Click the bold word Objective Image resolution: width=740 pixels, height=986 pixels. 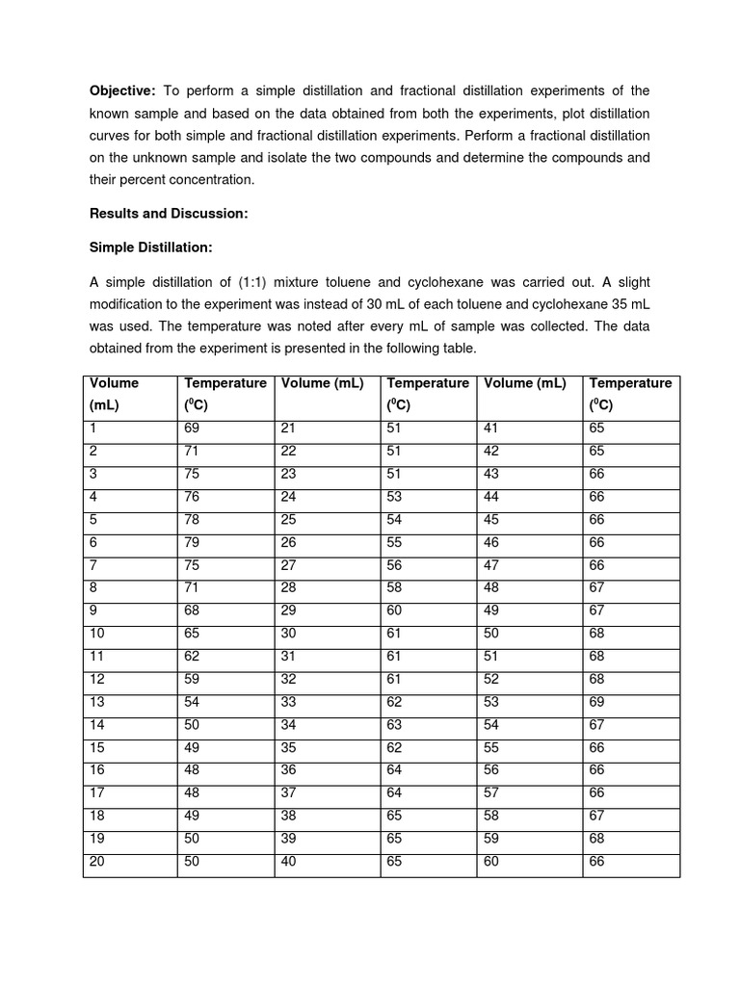(122, 91)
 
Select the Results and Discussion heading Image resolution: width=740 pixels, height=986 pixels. (169, 214)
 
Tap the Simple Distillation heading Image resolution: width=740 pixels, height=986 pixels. (150, 247)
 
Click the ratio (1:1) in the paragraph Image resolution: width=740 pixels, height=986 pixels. (288, 282)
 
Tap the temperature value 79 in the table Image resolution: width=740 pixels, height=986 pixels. (192, 542)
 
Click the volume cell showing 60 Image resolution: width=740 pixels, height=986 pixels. (491, 862)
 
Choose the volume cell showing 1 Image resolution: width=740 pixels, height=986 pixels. (93, 428)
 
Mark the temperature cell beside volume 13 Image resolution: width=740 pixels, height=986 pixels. (192, 702)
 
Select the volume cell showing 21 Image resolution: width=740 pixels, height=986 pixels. (288, 428)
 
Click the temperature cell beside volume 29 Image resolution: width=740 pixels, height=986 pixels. (394, 610)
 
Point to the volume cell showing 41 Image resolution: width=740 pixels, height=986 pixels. (491, 428)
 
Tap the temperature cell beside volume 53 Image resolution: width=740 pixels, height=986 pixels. (596, 702)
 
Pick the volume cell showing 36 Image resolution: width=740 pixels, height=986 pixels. (288, 770)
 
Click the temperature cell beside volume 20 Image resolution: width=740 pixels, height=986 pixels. (192, 862)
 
